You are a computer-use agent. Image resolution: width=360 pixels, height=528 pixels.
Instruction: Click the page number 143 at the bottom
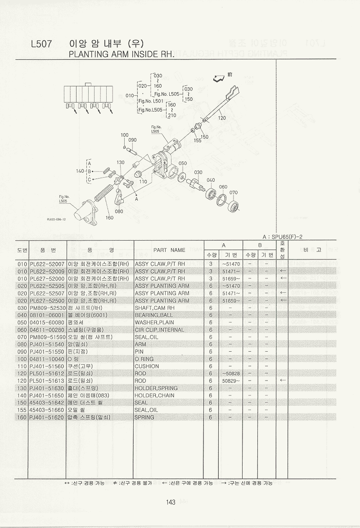(x=170, y=502)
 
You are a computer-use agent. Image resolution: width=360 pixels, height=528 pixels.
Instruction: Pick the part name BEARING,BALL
(x=153, y=315)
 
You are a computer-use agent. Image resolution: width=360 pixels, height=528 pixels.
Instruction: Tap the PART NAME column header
(x=169, y=250)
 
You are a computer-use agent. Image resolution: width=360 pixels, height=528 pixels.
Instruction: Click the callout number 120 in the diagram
(x=222, y=118)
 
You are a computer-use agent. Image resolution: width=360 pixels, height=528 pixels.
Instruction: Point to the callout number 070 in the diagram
(x=233, y=193)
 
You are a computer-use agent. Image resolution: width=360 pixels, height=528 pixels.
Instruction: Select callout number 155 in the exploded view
(x=197, y=140)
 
